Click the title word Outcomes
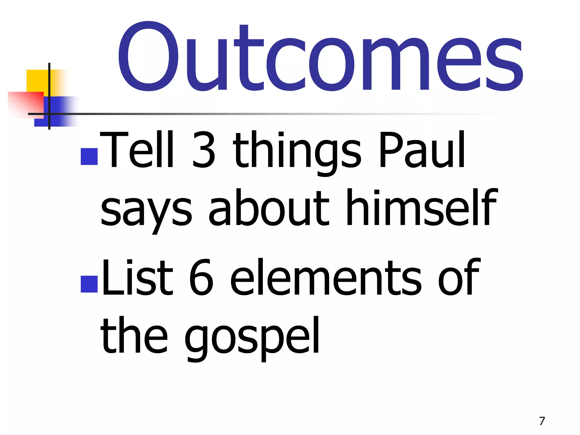pos(320,58)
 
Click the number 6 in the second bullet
pos(201,278)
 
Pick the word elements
pos(326,278)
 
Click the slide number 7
pos(542,421)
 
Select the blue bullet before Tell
pos(89,156)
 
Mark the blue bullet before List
pos(89,284)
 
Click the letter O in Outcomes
pos(148,57)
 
